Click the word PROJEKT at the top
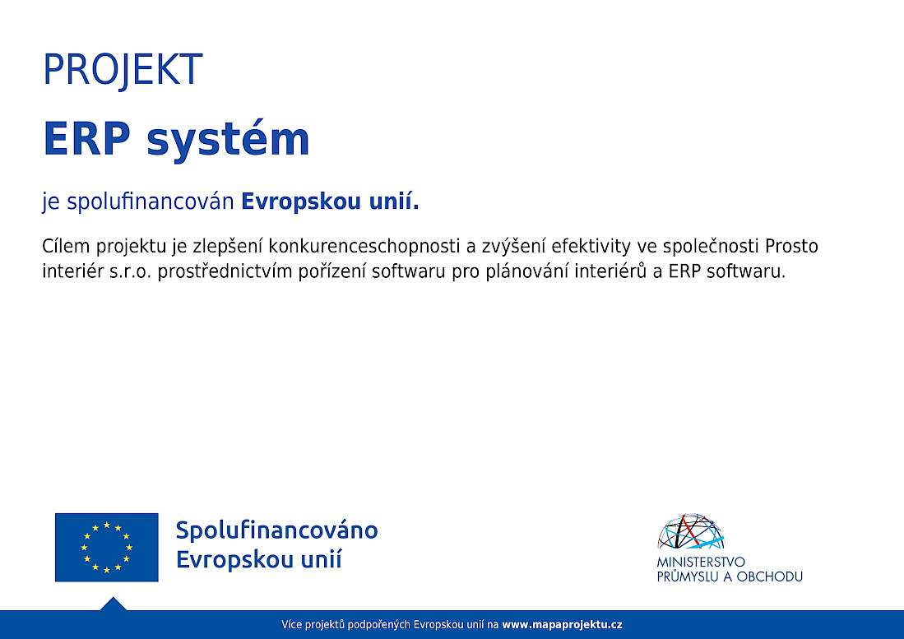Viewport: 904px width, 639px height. (x=123, y=70)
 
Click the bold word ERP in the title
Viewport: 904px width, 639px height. (x=87, y=139)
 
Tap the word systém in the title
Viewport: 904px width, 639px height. (x=229, y=140)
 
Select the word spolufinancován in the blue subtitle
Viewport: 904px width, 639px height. (x=151, y=201)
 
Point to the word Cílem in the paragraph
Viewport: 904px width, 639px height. (x=66, y=246)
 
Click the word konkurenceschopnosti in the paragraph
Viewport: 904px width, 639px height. (x=364, y=247)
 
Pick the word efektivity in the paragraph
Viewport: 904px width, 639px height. (x=591, y=247)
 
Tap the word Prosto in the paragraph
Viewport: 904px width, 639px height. (x=791, y=246)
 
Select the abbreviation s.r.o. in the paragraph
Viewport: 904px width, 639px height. (x=130, y=271)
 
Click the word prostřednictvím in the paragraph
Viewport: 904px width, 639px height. (x=225, y=271)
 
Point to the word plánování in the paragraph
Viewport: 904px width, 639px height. (x=525, y=271)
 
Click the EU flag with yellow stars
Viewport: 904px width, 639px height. (x=107, y=548)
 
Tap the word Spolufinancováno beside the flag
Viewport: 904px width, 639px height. (x=276, y=530)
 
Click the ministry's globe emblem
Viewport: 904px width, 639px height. (x=691, y=530)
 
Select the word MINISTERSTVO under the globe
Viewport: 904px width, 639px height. (x=701, y=562)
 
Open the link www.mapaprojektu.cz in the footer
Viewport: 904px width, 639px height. (x=562, y=624)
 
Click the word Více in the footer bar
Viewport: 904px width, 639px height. (x=292, y=624)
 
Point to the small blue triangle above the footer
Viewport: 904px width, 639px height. (x=113, y=604)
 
